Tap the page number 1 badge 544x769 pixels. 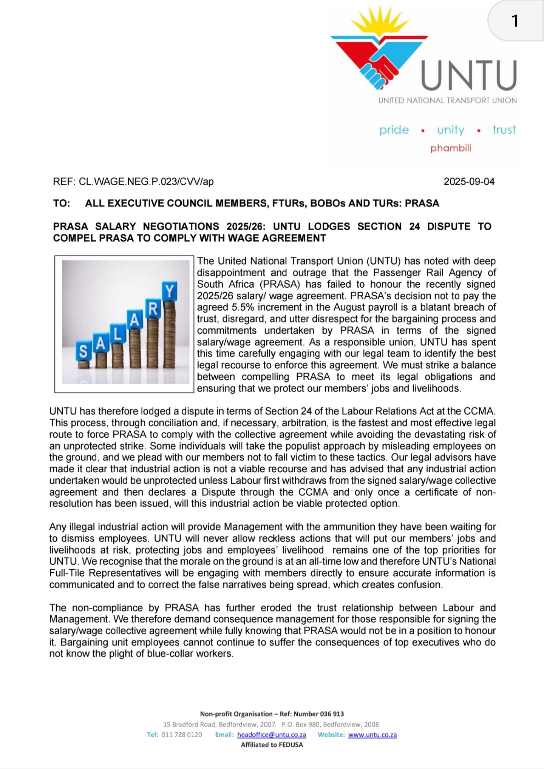coord(515,21)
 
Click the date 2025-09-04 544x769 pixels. coord(469,182)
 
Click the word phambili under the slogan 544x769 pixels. coord(450,148)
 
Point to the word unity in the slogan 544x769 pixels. coord(450,130)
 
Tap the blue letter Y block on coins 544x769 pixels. coord(170,291)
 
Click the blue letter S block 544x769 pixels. coord(83,351)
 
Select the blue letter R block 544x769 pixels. coord(153,309)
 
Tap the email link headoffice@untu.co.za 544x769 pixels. coord(271,735)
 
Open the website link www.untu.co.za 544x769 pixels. coord(372,735)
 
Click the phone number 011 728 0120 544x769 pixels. coord(182,735)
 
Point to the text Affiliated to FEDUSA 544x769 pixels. coord(272,745)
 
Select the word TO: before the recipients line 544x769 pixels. coord(62,203)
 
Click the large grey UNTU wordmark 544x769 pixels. coord(468,77)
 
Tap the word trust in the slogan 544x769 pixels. coord(504,130)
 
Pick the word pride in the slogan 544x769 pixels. coord(394,130)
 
